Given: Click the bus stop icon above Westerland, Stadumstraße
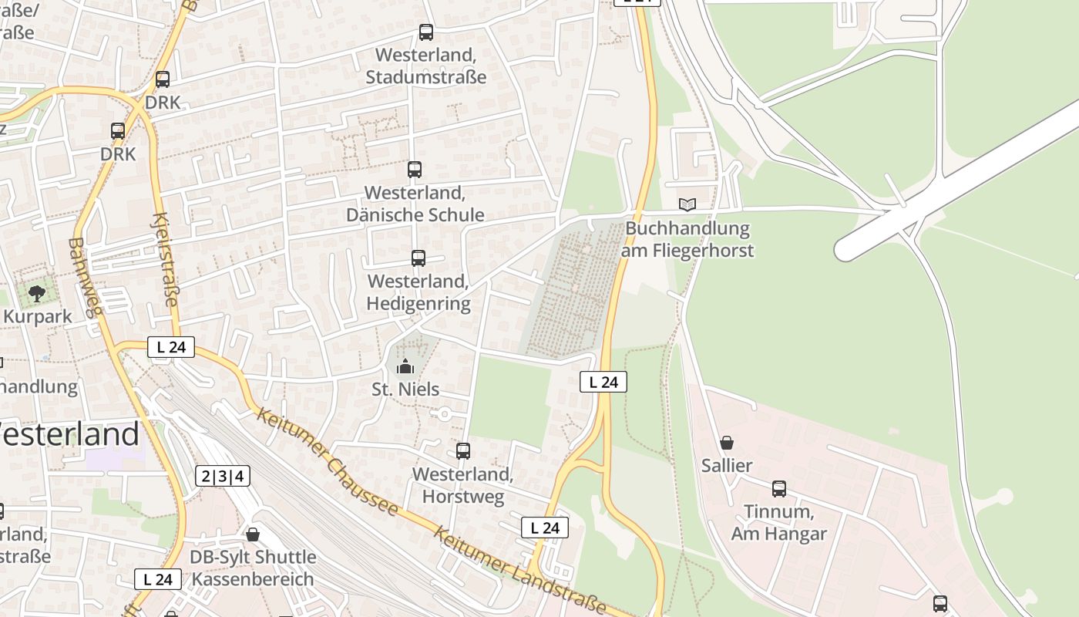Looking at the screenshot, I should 426,32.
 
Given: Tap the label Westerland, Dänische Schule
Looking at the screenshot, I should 415,204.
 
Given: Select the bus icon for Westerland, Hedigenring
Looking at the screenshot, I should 418,258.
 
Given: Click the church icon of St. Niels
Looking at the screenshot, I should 405,366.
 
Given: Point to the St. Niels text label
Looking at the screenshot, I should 405,389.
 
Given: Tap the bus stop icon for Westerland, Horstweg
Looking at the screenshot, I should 463,451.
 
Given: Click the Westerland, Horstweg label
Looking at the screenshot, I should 462,485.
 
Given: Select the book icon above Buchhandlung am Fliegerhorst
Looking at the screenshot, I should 687,204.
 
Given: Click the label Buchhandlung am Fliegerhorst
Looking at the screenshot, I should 688,239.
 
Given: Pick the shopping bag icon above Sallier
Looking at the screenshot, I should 727,443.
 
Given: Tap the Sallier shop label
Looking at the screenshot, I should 727,466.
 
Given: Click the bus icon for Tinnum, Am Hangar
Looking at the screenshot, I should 779,488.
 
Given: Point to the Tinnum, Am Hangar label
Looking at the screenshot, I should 778,522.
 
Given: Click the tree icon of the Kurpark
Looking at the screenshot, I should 36,293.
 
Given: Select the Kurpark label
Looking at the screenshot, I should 37,316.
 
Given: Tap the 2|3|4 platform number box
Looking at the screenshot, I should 223,476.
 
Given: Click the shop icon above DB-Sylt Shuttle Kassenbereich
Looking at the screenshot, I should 253,534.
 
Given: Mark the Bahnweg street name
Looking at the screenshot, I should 85,277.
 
